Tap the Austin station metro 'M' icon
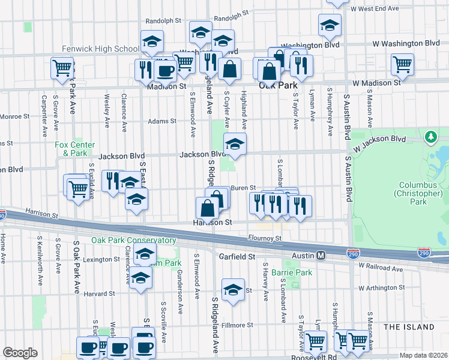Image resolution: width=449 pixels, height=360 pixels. [321, 256]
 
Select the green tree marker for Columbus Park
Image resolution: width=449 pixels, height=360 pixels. [430, 137]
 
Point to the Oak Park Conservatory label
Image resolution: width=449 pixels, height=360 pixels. [133, 240]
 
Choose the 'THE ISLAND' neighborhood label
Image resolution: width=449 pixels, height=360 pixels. [408, 327]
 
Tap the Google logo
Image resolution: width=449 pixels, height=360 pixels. [20, 353]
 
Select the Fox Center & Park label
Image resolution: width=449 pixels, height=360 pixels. [74, 148]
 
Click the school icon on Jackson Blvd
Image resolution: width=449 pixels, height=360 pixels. [235, 143]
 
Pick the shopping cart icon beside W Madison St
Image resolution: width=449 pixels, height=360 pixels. [402, 63]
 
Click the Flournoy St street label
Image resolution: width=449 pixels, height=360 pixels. [266, 238]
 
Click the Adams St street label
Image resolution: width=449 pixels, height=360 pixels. [163, 121]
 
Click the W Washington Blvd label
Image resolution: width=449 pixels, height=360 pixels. [406, 44]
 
